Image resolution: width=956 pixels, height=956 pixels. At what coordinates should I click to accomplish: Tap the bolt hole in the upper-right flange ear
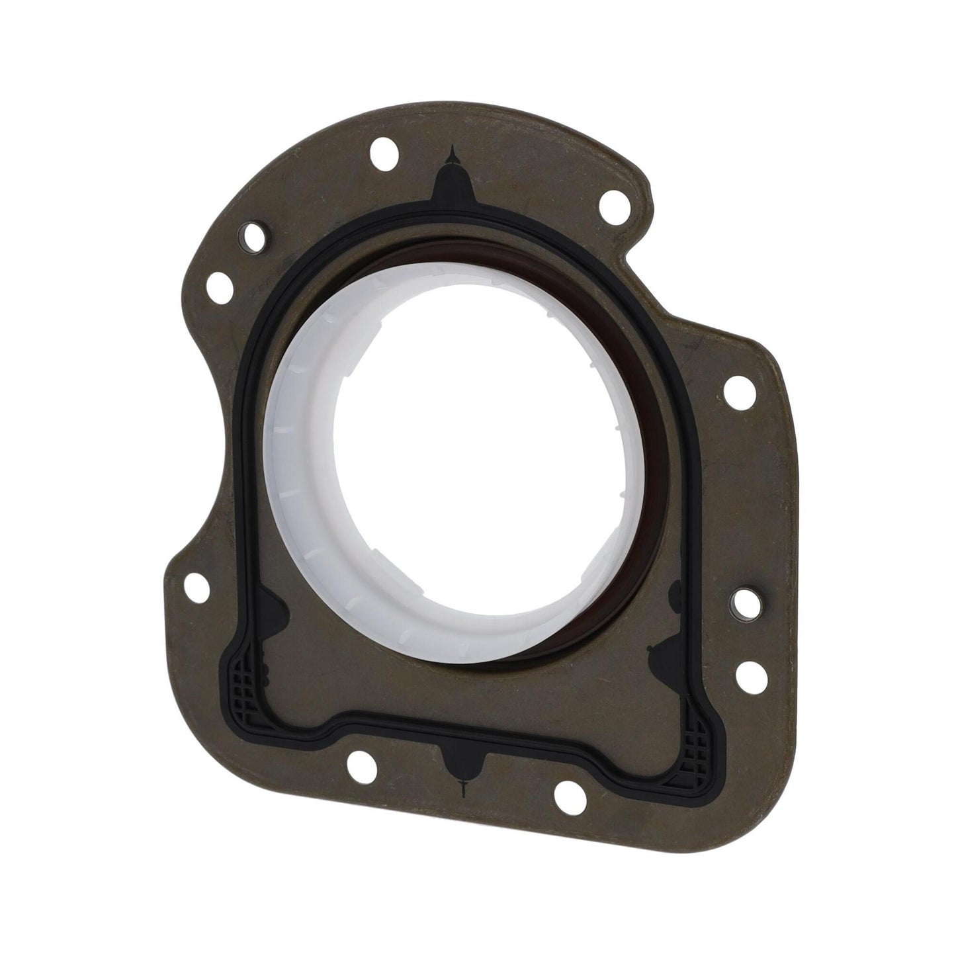(x=613, y=200)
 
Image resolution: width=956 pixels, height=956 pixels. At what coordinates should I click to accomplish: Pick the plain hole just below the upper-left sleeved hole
(x=220, y=286)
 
